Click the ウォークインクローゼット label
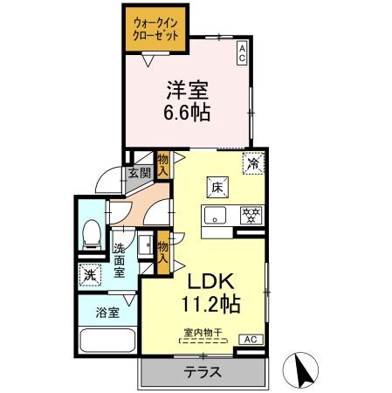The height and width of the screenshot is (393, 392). [154, 30]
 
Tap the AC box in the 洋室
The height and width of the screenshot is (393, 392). [242, 53]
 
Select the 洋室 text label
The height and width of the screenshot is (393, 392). [186, 90]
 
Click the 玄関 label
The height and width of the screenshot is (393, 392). [140, 172]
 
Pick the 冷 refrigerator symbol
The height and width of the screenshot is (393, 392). [253, 162]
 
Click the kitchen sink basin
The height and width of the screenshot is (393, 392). [215, 215]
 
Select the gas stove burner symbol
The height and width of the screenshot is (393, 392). [250, 215]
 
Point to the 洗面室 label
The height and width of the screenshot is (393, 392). [119, 260]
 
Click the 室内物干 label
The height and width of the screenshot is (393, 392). [202, 331]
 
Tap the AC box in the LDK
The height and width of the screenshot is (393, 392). [249, 339]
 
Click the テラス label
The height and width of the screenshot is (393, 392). [202, 372]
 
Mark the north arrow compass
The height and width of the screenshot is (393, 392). [306, 370]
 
